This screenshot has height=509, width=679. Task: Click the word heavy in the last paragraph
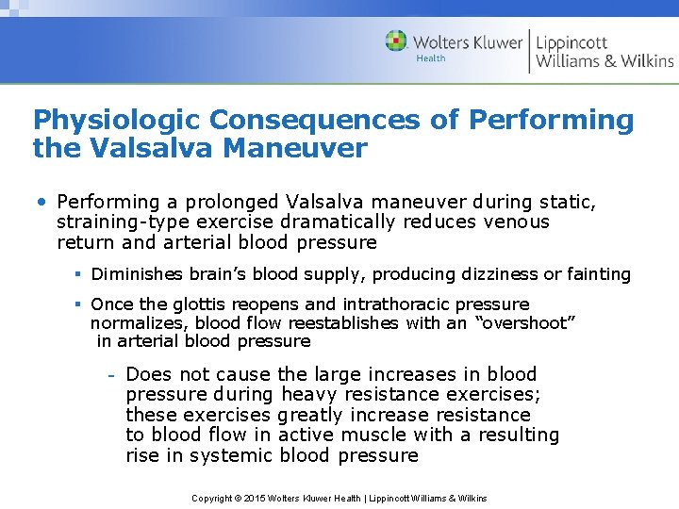tap(309, 395)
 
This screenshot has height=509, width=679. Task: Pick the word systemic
tap(227, 456)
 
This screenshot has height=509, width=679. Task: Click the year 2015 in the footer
tap(257, 499)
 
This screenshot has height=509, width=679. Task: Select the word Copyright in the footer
tap(212, 499)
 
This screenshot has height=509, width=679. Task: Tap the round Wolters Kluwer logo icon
tap(396, 41)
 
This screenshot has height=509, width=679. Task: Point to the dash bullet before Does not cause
tap(110, 375)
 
